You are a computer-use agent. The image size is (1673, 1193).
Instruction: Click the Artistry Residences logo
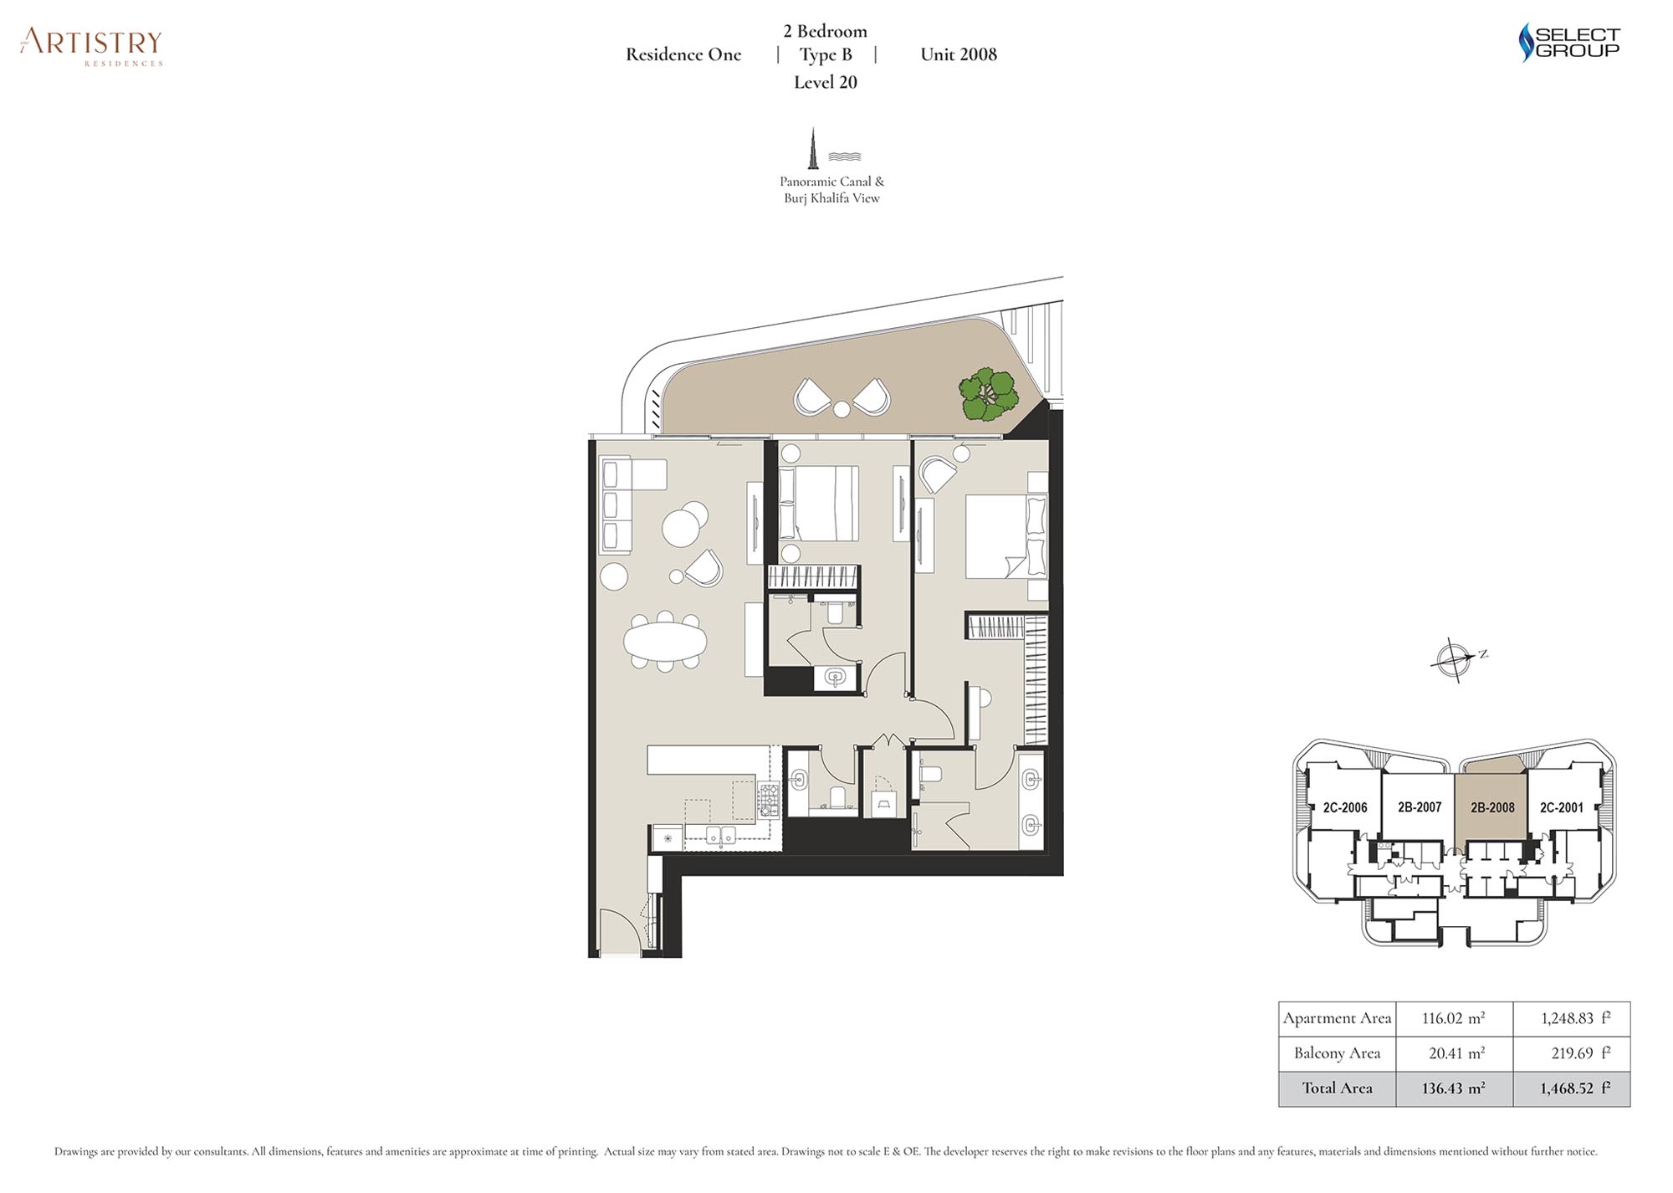(x=91, y=47)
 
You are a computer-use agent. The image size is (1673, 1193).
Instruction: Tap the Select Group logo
(x=1568, y=42)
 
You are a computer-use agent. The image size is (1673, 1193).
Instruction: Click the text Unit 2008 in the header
(x=959, y=54)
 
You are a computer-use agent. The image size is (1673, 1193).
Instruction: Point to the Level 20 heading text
(x=826, y=82)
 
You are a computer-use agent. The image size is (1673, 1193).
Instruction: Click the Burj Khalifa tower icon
(x=812, y=149)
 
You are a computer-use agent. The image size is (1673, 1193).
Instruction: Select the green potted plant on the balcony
(x=989, y=394)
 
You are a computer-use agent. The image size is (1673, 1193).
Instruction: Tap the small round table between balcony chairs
(x=842, y=409)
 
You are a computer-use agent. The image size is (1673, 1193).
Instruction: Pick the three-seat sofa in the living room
(x=617, y=504)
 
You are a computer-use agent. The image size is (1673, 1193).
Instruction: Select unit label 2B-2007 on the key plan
(x=1420, y=807)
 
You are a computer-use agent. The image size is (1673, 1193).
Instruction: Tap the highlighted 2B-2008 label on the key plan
(x=1492, y=807)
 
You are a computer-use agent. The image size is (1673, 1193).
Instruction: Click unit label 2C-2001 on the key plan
(x=1562, y=807)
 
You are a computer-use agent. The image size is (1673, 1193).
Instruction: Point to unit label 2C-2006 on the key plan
(x=1345, y=807)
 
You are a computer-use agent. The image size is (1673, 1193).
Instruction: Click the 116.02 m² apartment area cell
(x=1454, y=1018)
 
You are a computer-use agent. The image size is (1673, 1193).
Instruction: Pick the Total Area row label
(x=1337, y=1088)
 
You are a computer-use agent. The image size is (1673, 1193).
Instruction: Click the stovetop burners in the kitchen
(x=769, y=800)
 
